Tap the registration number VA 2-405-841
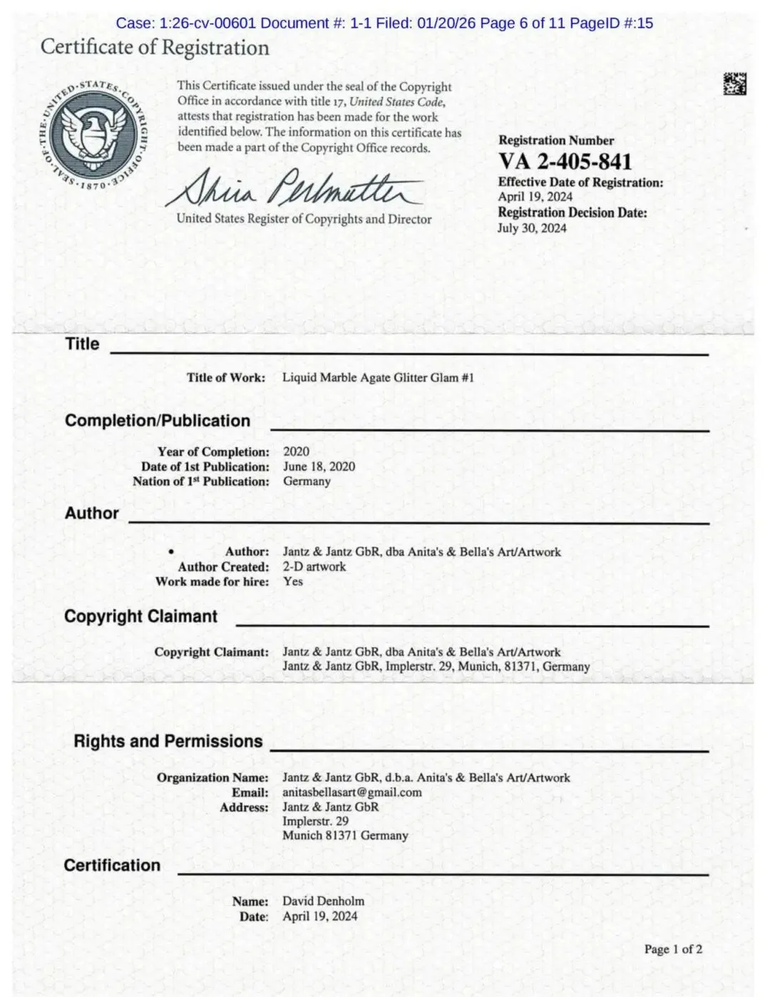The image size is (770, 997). (x=565, y=162)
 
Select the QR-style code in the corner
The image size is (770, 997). (x=734, y=84)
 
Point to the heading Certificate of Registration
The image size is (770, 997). (x=155, y=48)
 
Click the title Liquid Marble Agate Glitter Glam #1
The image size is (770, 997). (x=378, y=377)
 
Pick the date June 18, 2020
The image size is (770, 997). (x=319, y=466)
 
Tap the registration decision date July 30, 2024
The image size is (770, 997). (x=532, y=228)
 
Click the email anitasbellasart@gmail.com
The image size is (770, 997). (x=351, y=792)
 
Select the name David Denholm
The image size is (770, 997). (x=323, y=901)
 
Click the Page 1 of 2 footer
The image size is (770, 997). (x=673, y=949)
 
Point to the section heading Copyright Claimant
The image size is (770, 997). (x=140, y=616)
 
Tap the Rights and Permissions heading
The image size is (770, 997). (x=168, y=741)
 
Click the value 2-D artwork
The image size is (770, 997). (x=314, y=566)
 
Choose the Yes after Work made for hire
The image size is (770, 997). (x=292, y=581)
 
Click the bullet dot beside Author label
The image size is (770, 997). (x=170, y=552)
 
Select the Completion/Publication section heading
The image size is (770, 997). (x=157, y=421)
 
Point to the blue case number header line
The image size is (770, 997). (x=384, y=23)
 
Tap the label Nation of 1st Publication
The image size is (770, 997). (x=200, y=481)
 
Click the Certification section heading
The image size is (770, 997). (x=112, y=865)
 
